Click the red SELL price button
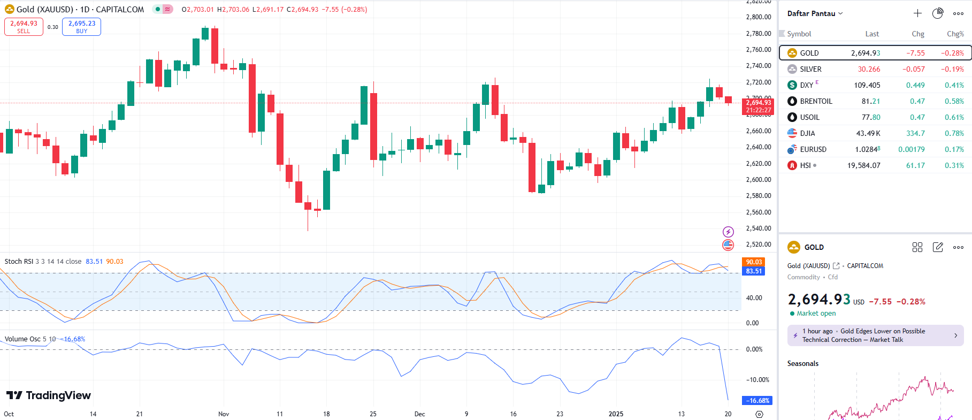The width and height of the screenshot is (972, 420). tap(24, 27)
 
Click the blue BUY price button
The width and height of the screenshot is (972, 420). tap(81, 27)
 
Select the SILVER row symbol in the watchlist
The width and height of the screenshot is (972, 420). tap(810, 69)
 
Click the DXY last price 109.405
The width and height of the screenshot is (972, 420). tap(867, 85)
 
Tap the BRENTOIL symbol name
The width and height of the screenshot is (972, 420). tap(816, 101)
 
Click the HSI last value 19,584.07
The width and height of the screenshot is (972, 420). tap(863, 165)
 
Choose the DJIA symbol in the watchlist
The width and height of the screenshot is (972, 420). tap(807, 133)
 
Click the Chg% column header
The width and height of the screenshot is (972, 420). tap(955, 34)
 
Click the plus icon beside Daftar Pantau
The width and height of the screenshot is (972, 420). tap(917, 13)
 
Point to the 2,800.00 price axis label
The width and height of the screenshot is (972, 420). tap(759, 17)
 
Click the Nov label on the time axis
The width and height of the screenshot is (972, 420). tap(224, 414)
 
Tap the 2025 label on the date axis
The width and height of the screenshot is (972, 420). tap(616, 414)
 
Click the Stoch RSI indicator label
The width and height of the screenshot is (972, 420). tap(19, 262)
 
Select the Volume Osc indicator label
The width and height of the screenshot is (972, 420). tap(22, 339)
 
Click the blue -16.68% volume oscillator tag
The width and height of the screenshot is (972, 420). tap(756, 400)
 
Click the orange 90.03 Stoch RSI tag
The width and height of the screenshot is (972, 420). tap(753, 262)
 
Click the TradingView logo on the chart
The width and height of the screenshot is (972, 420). tap(49, 395)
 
